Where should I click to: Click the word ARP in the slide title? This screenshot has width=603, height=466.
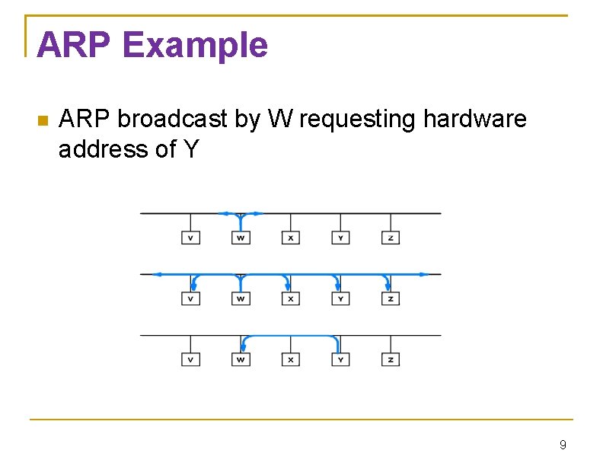73,45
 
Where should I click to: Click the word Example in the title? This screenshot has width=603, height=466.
194,46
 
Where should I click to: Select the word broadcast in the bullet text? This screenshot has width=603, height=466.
172,120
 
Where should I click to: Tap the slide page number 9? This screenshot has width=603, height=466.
563,445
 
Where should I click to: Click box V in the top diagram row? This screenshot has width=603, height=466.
190,238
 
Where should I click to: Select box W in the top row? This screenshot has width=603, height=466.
241,238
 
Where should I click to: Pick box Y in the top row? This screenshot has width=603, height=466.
340,238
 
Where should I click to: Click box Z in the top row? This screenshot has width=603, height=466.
390,238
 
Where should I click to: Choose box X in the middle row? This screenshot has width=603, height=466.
290,298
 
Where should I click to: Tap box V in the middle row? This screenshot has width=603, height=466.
190,298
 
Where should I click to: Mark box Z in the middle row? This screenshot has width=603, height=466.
390,298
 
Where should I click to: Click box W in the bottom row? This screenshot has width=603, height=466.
241,359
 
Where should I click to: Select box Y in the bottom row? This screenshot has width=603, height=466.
340,359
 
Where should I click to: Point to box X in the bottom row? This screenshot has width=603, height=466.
290,359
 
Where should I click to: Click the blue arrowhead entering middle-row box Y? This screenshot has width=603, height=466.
339,286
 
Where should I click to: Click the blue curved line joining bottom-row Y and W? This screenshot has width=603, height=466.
290,336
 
